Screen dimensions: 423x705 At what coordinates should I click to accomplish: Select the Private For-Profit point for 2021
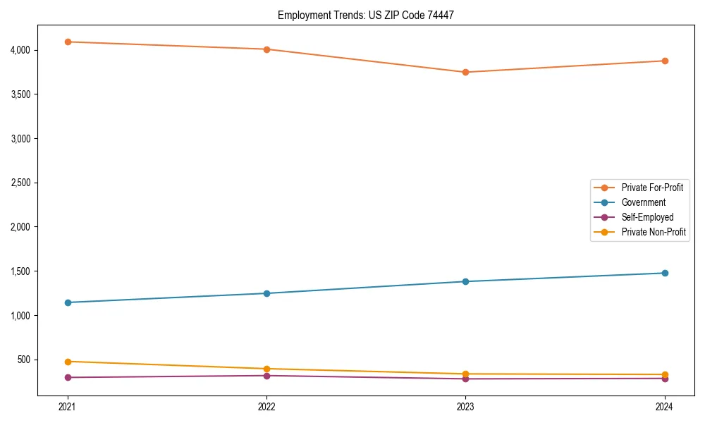coord(68,42)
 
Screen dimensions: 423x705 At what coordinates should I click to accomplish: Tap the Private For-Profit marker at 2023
coord(465,72)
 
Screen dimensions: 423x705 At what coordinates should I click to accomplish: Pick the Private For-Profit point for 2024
coord(664,61)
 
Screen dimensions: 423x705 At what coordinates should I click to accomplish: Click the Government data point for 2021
coord(68,302)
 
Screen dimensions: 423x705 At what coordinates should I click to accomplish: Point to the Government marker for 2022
coord(266,293)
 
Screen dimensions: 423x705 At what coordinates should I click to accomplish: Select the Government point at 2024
coord(664,273)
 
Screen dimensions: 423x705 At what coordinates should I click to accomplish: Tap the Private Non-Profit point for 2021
coord(68,362)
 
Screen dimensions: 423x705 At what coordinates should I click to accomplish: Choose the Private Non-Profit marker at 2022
coord(266,369)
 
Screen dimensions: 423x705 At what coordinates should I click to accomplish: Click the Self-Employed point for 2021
coord(68,377)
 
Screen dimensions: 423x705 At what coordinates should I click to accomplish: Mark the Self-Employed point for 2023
coord(465,379)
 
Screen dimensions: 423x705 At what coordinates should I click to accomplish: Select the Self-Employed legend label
coord(647,217)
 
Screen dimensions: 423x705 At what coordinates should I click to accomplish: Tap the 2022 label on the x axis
coord(266,406)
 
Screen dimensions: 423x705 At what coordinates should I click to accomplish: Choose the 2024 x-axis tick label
coord(664,406)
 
